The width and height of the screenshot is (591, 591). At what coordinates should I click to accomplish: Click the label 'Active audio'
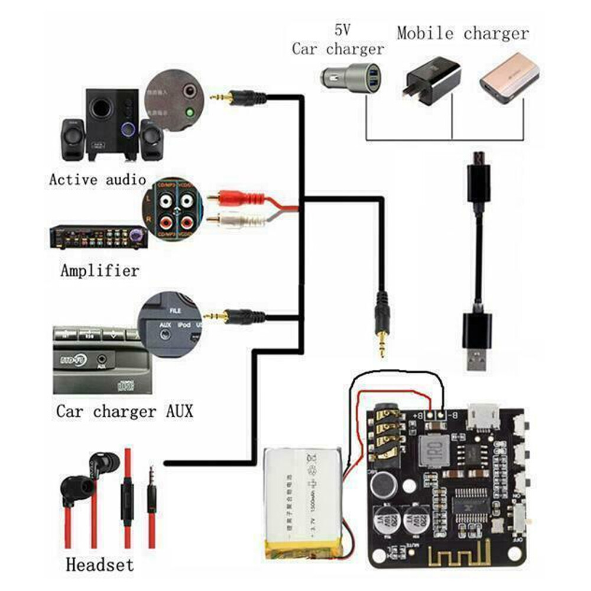click(x=98, y=180)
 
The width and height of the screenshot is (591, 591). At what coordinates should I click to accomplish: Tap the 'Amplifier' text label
click(x=99, y=271)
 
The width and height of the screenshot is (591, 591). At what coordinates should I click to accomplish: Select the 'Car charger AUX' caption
click(x=124, y=411)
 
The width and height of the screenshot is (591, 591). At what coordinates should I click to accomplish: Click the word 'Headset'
click(x=99, y=564)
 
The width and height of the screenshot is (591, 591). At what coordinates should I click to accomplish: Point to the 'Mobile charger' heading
click(x=463, y=33)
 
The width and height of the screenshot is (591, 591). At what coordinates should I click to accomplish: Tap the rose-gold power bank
click(x=509, y=77)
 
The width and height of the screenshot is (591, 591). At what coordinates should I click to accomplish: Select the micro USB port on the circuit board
click(x=484, y=416)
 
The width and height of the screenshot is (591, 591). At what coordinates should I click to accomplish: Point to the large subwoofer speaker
click(x=112, y=124)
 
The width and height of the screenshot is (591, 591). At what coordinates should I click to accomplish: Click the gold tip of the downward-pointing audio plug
click(x=382, y=346)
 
